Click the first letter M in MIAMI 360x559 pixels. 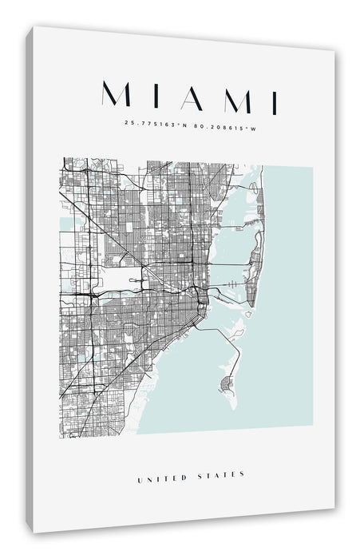coord(117,97)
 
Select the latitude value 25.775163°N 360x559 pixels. coord(156,123)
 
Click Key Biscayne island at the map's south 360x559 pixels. coord(225,386)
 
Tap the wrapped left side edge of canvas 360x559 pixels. coord(30,279)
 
